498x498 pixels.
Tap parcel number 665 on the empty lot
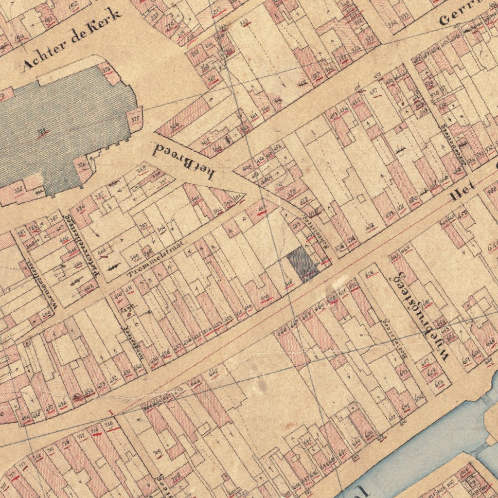tap(213, 373)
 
